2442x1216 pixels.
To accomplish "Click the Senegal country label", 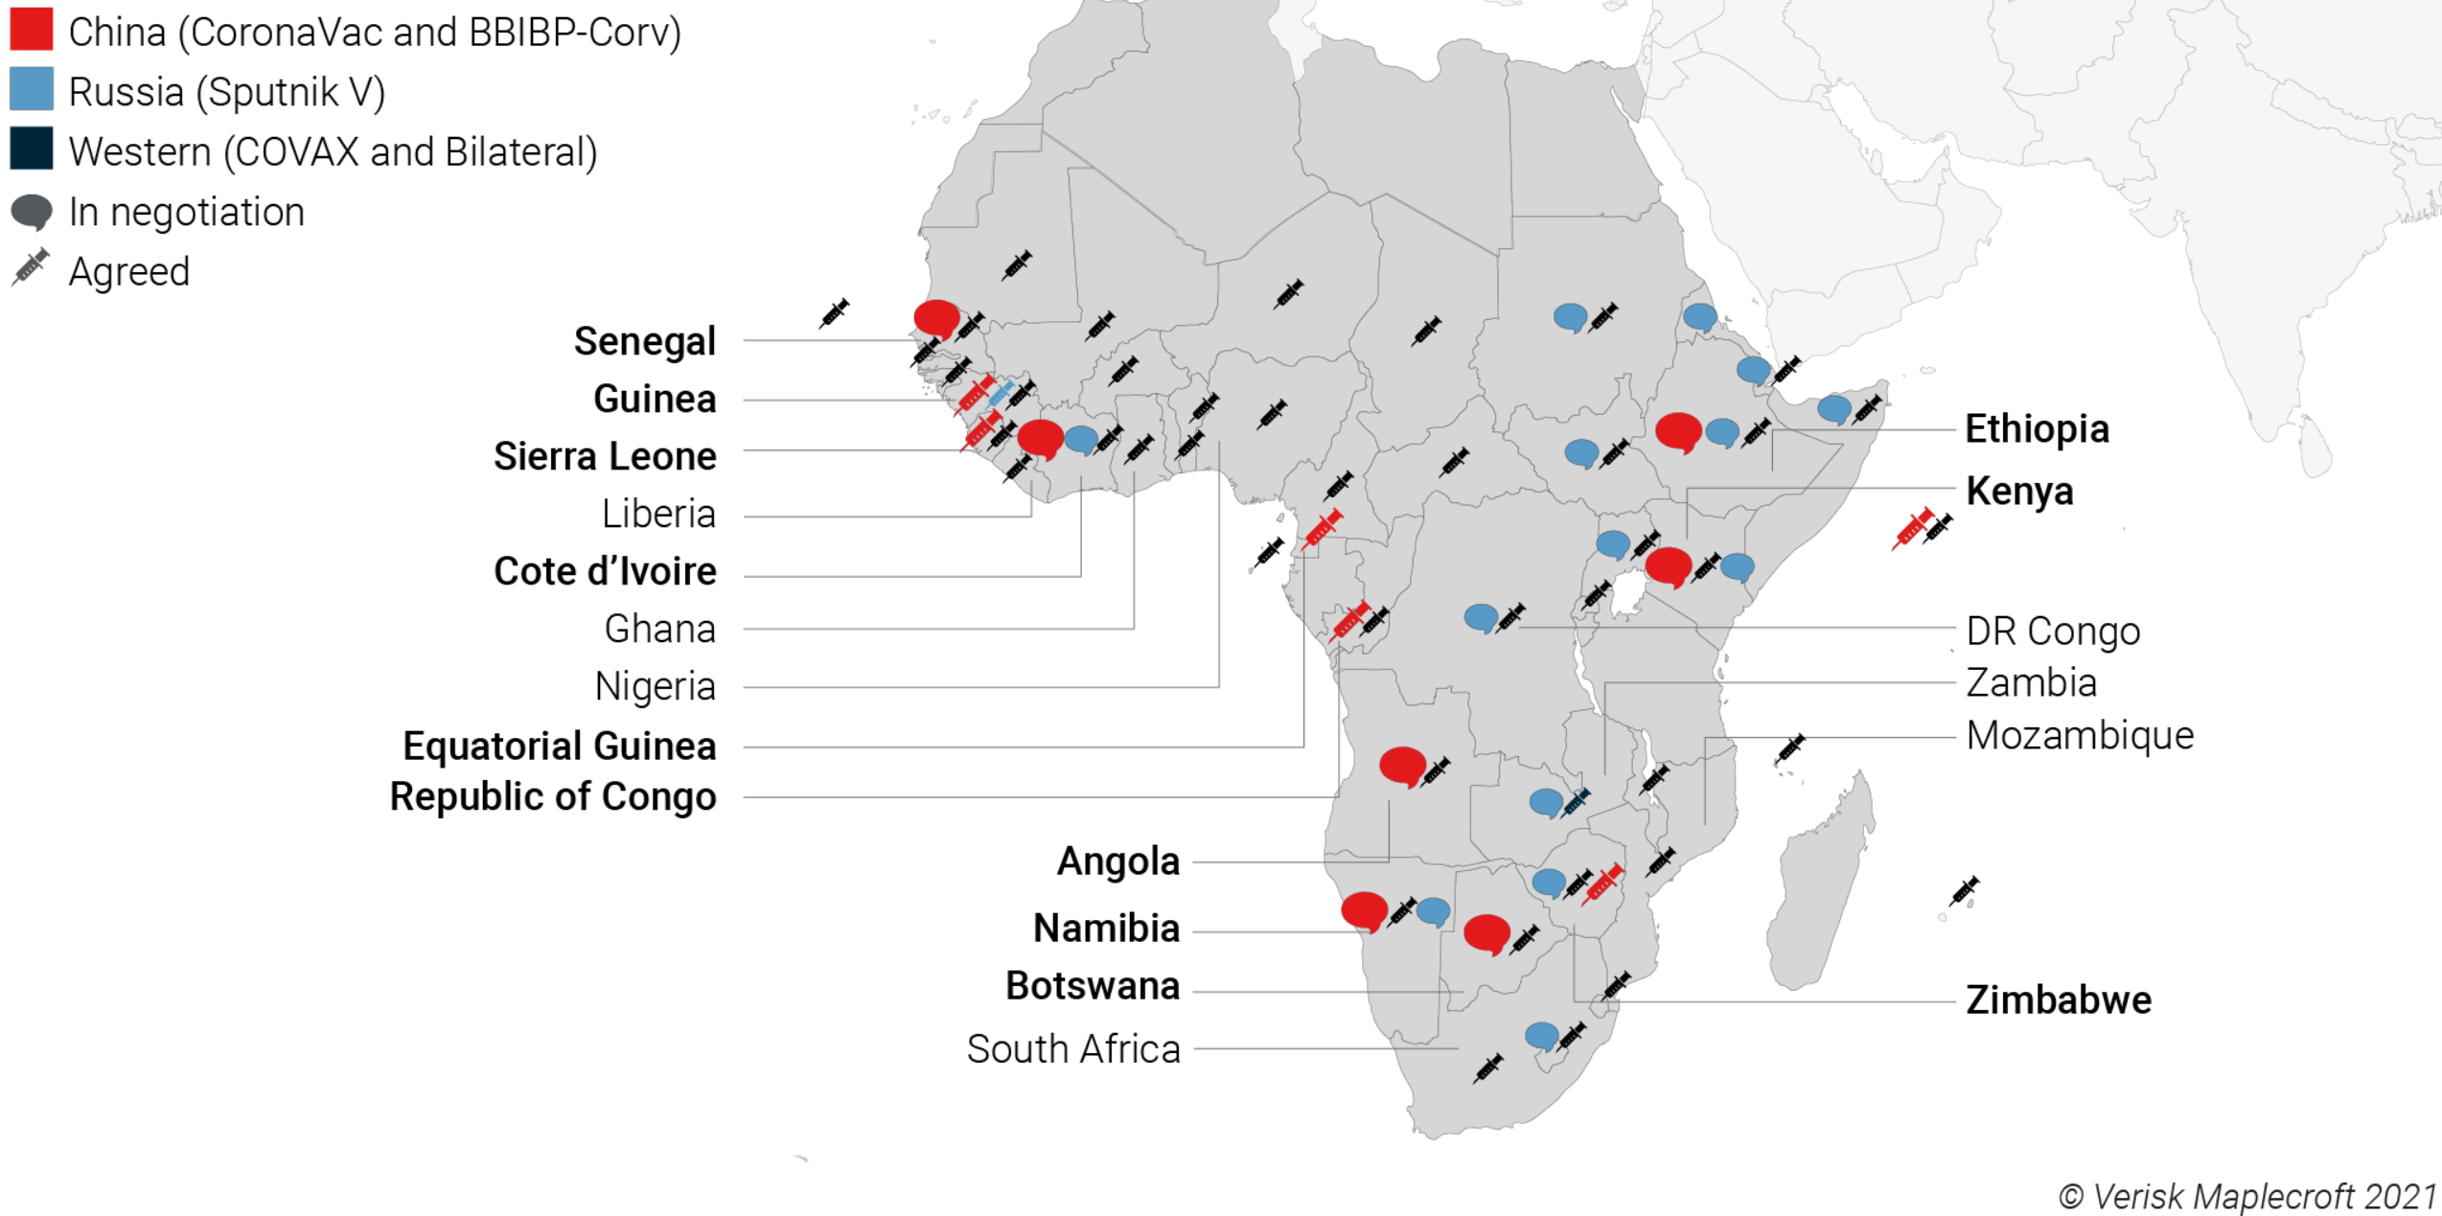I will (x=644, y=341).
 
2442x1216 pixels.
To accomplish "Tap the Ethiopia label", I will (x=2037, y=429).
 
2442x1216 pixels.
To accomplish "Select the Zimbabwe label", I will (x=2058, y=1000).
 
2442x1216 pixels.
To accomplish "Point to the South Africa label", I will (x=1072, y=1049).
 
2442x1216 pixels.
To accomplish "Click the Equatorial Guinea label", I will (x=559, y=746).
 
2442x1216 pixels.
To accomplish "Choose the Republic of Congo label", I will (x=552, y=797).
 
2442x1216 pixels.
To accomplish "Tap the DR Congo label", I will (x=2052, y=631).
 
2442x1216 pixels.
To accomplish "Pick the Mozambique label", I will (x=2079, y=736).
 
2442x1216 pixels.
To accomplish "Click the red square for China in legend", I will (x=32, y=30).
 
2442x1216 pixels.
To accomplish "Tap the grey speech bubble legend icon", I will (x=32, y=212).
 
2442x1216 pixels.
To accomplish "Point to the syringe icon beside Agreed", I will (x=31, y=268).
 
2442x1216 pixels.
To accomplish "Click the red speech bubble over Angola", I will (x=1402, y=766).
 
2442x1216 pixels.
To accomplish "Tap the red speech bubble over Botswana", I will (x=1486, y=933).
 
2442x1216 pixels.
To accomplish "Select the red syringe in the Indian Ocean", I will (x=1912, y=529).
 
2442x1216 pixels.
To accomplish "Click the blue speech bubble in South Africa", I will (x=1541, y=1035).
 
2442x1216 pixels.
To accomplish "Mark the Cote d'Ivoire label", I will (x=605, y=572).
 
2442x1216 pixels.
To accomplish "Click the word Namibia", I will (x=1106, y=929).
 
